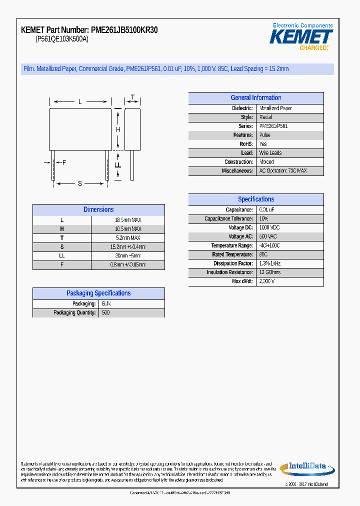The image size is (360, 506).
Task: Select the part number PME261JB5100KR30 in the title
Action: (124, 30)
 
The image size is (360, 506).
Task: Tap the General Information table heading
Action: (256, 98)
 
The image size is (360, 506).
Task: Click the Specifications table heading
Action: (256, 199)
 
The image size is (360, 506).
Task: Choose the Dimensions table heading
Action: (98, 210)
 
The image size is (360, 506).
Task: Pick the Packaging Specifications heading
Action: (98, 293)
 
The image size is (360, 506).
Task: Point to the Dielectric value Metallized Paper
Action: (275, 108)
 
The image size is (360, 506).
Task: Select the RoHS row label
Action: (246, 144)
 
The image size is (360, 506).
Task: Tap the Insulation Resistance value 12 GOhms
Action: (270, 272)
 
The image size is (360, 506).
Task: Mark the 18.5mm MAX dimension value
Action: (128, 220)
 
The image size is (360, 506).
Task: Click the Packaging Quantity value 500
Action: (105, 313)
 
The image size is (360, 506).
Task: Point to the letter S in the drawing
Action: (79, 183)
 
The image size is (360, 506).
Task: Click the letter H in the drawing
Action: (118, 129)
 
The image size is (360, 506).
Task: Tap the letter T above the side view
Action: (132, 97)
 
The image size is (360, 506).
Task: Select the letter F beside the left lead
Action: (64, 162)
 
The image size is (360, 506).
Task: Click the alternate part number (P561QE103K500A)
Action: (62, 39)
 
